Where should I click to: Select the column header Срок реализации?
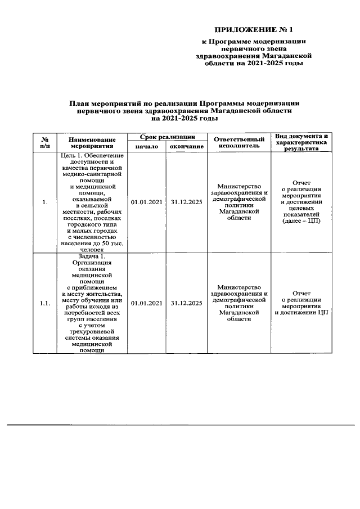pyautogui.click(x=168, y=137)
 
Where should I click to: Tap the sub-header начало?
pyautogui.click(x=147, y=146)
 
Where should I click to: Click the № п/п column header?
pyautogui.click(x=44, y=142)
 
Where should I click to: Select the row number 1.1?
pyautogui.click(x=44, y=304)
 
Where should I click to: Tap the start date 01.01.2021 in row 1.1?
pyautogui.click(x=147, y=304)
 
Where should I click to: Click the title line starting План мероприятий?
pyautogui.click(x=184, y=103)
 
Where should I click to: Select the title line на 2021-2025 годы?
pyautogui.click(x=184, y=118)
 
